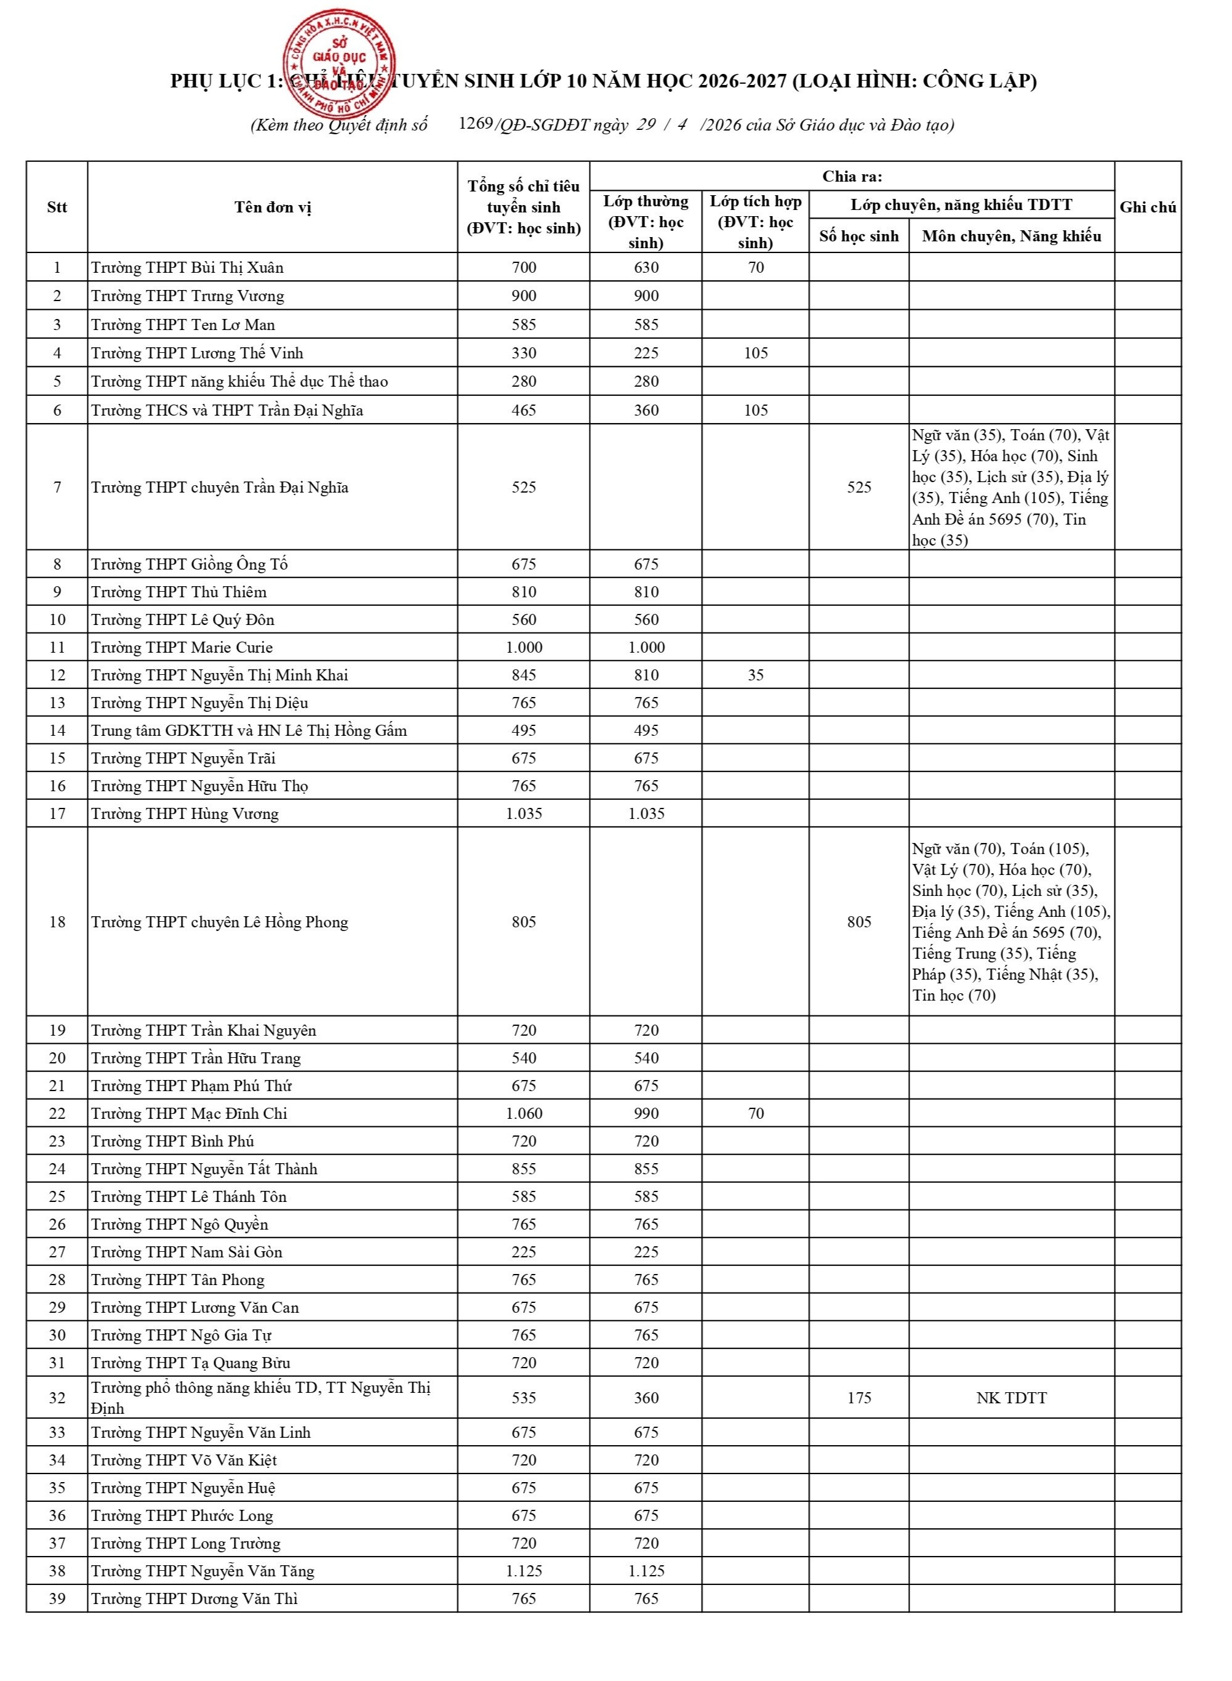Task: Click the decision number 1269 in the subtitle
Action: coord(475,123)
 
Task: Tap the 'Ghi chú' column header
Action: coord(1147,208)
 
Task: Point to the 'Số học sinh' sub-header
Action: coord(858,236)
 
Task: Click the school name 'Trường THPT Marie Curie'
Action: coord(182,647)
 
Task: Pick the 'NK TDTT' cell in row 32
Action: coord(1010,1398)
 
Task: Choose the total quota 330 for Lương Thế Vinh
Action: coord(524,353)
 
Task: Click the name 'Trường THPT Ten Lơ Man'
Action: coord(183,325)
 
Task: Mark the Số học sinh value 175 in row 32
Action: coord(858,1398)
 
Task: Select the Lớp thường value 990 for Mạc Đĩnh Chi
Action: coord(646,1113)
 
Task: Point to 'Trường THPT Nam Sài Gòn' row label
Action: coord(186,1252)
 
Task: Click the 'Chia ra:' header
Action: coord(852,177)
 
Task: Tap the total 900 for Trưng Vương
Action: coord(524,296)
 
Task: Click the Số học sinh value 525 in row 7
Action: coord(858,487)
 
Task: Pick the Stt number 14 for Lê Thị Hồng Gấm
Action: coord(57,730)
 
